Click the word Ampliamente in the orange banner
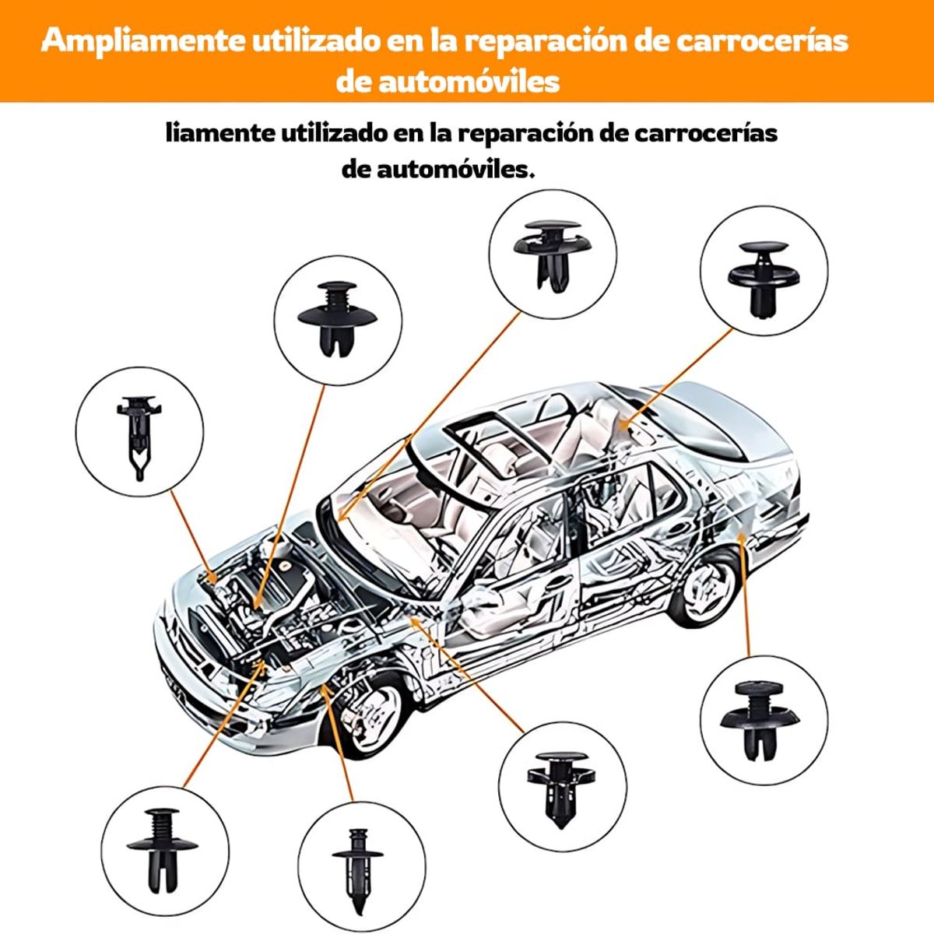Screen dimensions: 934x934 click(143, 40)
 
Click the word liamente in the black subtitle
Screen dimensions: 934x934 click(219, 133)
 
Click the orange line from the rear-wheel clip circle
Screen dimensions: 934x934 click(746, 599)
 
